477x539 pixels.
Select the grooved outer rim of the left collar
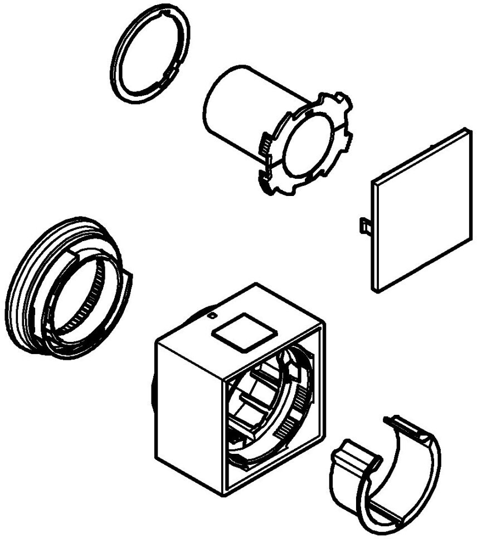coord(17,290)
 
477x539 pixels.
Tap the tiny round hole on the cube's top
coord(212,315)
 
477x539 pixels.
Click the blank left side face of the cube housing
coord(187,412)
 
